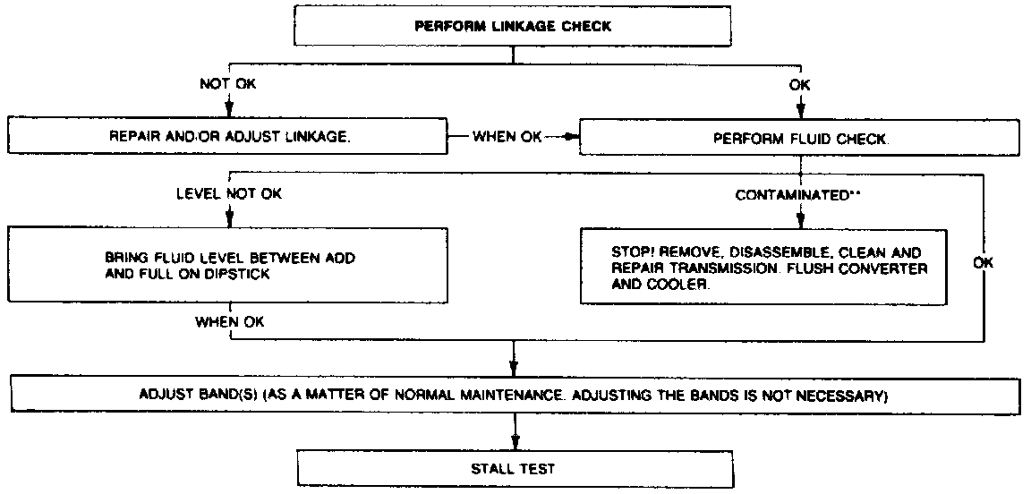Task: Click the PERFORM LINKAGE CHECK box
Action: (513, 26)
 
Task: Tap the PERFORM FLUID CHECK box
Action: (801, 139)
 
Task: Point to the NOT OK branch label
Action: (227, 84)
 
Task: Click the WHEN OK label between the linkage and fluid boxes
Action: (507, 138)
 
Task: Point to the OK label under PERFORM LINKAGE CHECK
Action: (799, 84)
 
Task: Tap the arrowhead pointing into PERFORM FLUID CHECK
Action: (574, 138)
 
